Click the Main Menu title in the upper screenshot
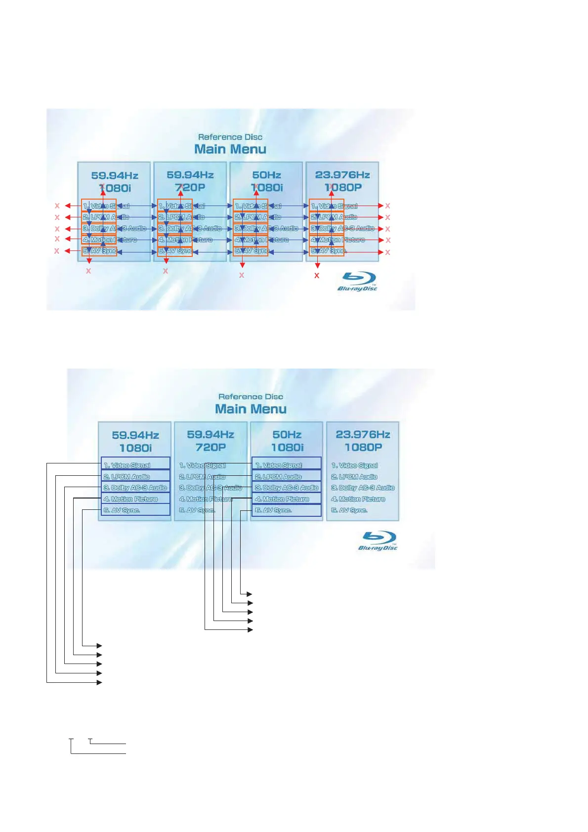point(230,149)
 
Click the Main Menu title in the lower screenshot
point(251,409)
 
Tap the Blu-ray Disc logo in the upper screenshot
point(358,282)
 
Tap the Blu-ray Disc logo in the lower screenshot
point(378,541)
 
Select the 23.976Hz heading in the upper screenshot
point(342,175)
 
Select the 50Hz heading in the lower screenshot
point(287,435)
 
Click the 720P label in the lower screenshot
point(210,447)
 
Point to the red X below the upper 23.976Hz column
point(317,276)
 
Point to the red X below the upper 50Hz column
point(242,275)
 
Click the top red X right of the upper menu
point(388,206)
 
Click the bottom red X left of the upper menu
point(57,251)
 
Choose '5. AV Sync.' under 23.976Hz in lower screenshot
point(349,510)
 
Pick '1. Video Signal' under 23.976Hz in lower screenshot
point(354,465)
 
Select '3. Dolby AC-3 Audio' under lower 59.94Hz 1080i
point(135,488)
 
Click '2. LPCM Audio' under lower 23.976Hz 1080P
point(354,477)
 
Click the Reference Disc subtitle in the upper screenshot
point(230,137)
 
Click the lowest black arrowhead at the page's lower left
point(99,682)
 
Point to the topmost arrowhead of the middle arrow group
point(250,594)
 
